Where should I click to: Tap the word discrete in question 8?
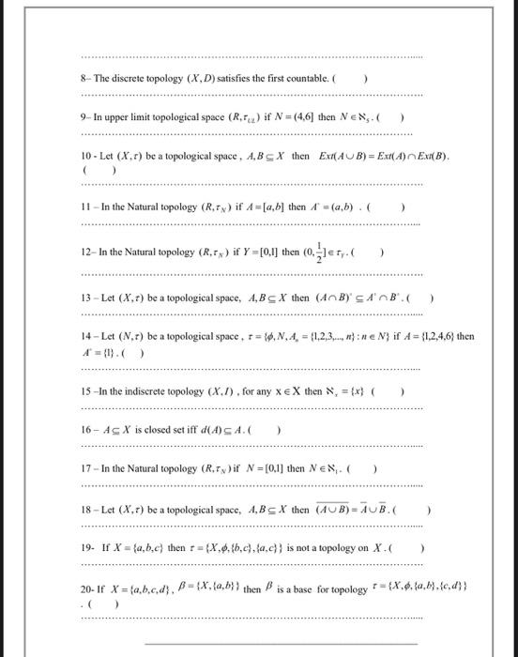coord(127,77)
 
